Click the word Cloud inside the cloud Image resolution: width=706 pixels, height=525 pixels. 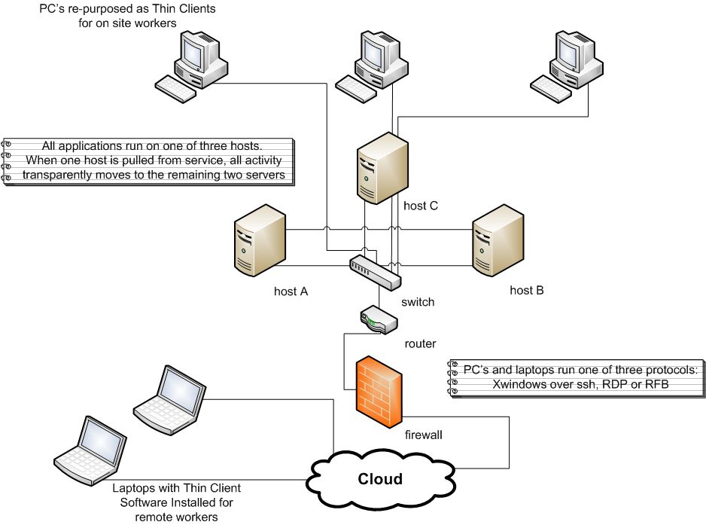(x=379, y=478)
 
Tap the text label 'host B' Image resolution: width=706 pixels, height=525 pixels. (x=527, y=290)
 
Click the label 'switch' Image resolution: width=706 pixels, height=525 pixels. (x=418, y=302)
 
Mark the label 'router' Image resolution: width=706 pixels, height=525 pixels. (x=420, y=343)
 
